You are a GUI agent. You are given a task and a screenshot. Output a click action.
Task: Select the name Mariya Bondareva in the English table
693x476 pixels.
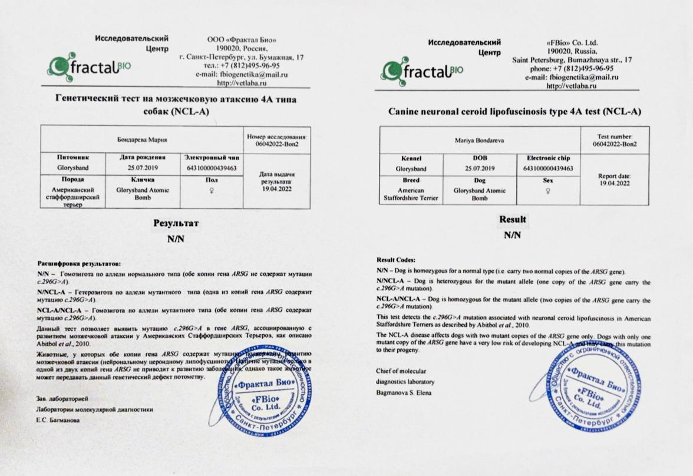[479, 141]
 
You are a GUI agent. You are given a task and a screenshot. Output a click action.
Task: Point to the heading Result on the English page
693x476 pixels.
[513, 219]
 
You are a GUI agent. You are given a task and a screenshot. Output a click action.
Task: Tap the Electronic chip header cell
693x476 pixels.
[544, 158]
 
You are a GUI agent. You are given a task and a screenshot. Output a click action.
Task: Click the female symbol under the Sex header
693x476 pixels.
[544, 191]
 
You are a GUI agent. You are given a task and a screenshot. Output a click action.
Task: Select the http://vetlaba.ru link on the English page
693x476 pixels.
[572, 86]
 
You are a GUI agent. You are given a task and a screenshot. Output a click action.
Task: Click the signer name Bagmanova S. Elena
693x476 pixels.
[403, 392]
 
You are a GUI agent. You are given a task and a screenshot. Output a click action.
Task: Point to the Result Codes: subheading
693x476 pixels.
[395, 259]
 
